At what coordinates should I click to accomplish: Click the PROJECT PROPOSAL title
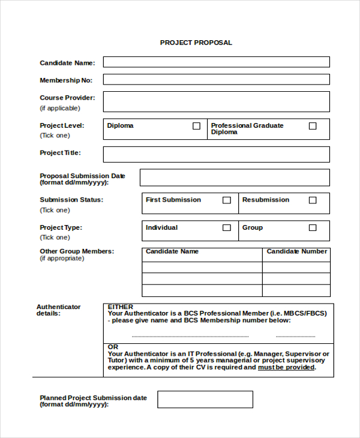pos(196,43)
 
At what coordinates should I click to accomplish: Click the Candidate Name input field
pos(216,62)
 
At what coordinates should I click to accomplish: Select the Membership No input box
pos(216,79)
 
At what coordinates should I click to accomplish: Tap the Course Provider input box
pos(216,101)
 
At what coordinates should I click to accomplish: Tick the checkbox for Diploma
pos(196,126)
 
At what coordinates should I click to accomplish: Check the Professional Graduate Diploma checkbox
pos(313,126)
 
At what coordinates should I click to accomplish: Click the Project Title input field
pos(216,154)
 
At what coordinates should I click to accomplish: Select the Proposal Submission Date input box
pos(235,178)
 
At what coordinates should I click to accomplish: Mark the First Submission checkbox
pos(227,200)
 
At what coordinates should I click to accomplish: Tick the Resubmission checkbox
pos(313,200)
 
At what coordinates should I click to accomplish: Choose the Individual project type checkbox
pos(227,228)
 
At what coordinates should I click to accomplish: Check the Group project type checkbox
pos(313,228)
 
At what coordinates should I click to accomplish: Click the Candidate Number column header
pos(297,251)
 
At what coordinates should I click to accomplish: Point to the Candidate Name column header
pos(172,251)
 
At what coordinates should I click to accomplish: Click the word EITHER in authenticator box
pos(120,307)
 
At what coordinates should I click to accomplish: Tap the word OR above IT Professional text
pos(113,347)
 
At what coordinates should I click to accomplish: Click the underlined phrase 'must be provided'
pos(286,367)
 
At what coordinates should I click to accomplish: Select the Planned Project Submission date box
pos(205,400)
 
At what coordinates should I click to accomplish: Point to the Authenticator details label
pos(58,310)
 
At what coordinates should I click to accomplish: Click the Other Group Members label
pos(77,251)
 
